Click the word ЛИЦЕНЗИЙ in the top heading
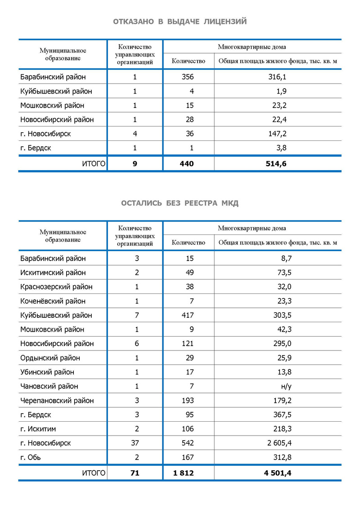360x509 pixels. (x=225, y=22)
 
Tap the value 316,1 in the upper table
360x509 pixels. (x=278, y=77)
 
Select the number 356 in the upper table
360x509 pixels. (x=188, y=77)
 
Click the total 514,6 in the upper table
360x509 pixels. (x=276, y=164)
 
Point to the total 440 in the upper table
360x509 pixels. (x=187, y=164)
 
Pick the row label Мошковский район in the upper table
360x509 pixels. (x=52, y=106)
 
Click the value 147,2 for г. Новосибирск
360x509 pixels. (x=278, y=134)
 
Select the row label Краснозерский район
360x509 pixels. (x=57, y=287)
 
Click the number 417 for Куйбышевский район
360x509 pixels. (x=188, y=315)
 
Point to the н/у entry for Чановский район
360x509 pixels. (x=286, y=386)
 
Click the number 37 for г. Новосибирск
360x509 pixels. (x=135, y=443)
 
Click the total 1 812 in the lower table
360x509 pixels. (x=185, y=473)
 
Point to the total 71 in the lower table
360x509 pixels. (x=135, y=473)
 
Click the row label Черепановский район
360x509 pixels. (x=57, y=401)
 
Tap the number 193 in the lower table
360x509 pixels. (x=188, y=401)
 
